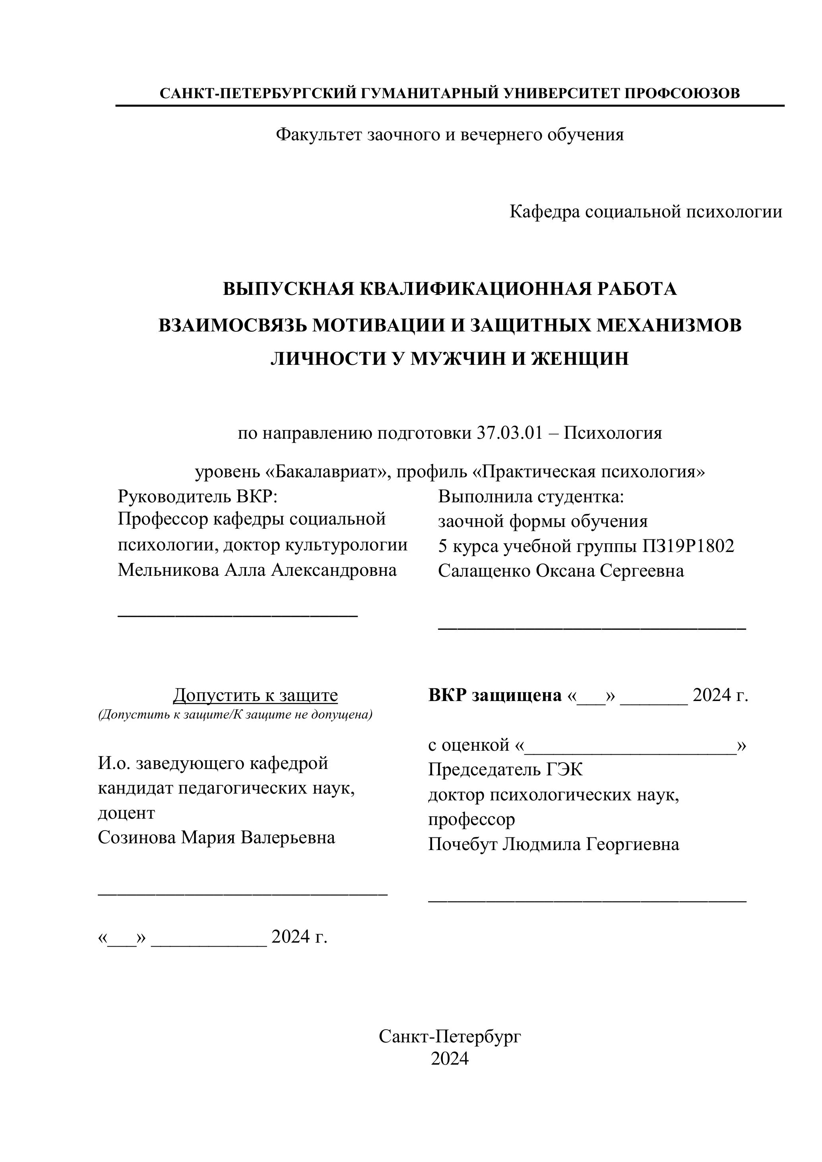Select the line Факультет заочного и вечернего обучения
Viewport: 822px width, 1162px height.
click(450, 135)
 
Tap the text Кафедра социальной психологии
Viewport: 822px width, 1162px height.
click(646, 211)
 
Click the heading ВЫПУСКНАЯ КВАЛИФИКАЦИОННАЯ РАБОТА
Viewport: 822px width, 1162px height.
click(450, 289)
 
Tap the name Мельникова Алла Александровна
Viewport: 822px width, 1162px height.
click(257, 570)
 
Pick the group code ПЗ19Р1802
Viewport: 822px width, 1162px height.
click(688, 546)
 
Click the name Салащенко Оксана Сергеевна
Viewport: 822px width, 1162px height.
click(561, 571)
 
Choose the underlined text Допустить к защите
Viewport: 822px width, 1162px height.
click(255, 695)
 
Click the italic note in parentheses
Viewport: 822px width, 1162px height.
click(235, 715)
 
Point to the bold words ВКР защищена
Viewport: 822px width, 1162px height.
click(494, 695)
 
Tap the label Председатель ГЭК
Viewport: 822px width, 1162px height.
click(505, 770)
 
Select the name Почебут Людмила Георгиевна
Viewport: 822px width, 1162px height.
click(553, 844)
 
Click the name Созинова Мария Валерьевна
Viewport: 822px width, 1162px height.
click(216, 837)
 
